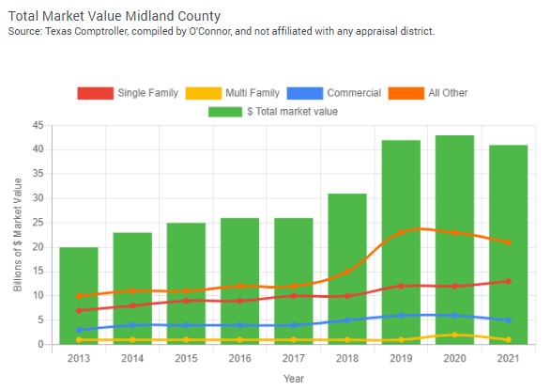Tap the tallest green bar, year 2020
pyautogui.click(x=454, y=239)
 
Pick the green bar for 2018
pyautogui.click(x=346, y=269)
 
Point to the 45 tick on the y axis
pyautogui.click(x=38, y=125)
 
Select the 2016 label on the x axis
pyautogui.click(x=239, y=358)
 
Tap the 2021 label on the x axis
pyautogui.click(x=508, y=358)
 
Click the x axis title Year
pyautogui.click(x=294, y=378)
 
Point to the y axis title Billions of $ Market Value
pyautogui.click(x=18, y=235)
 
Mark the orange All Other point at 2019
pyautogui.click(x=401, y=232)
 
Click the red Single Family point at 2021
pyautogui.click(x=508, y=281)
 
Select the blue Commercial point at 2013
pyautogui.click(x=79, y=330)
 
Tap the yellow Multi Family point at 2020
pyautogui.click(x=454, y=335)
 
